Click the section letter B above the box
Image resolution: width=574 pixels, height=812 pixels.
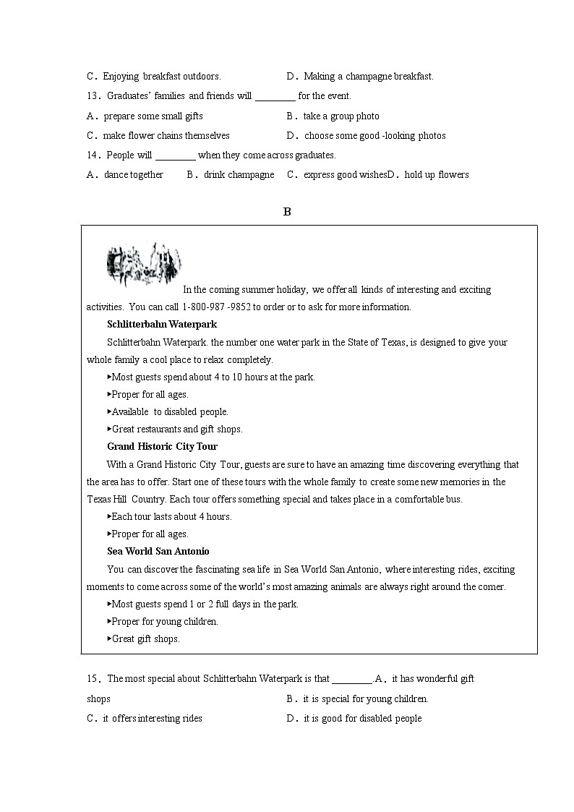(x=287, y=212)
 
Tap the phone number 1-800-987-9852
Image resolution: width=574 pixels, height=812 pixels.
(x=216, y=307)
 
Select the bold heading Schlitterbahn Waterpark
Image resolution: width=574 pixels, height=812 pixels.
(x=162, y=325)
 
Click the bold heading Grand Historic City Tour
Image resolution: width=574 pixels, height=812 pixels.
(x=162, y=447)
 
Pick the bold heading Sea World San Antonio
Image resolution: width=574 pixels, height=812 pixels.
(x=158, y=552)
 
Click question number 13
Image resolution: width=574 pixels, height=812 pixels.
(x=92, y=96)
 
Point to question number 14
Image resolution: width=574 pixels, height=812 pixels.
(x=92, y=155)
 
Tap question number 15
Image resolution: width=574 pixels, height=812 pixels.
(x=92, y=679)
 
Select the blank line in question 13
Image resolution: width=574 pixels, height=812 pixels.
(x=275, y=96)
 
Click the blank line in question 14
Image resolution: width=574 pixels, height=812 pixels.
(x=176, y=155)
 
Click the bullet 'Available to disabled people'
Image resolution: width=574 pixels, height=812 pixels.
(x=169, y=412)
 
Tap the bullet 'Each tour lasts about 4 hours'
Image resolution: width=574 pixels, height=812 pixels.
(x=171, y=517)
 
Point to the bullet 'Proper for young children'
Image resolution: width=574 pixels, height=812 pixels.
(x=164, y=622)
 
